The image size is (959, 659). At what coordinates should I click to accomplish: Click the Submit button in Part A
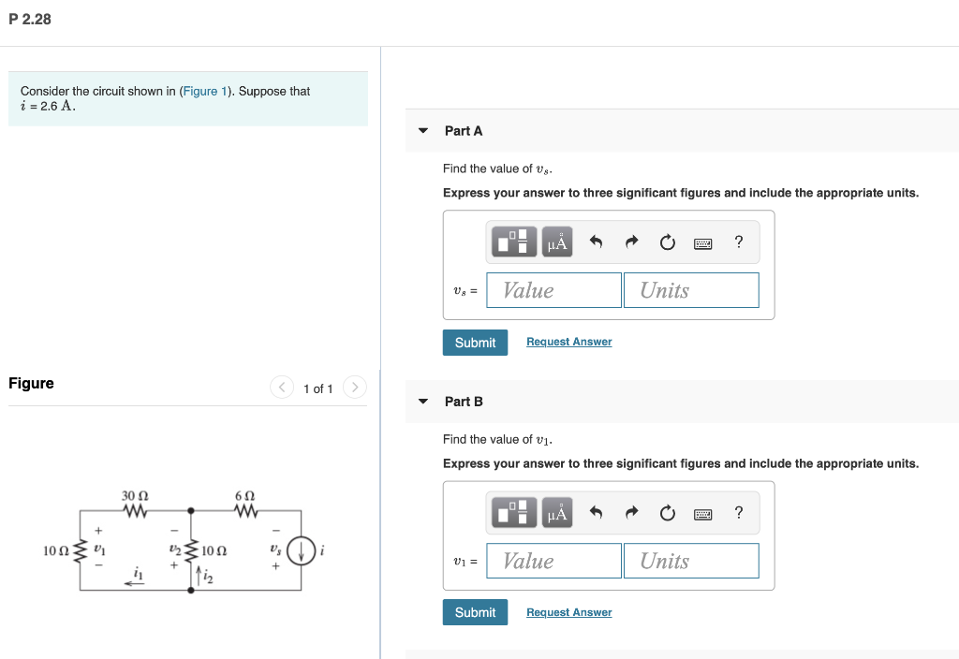(x=475, y=343)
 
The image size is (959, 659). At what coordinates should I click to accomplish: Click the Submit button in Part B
(x=475, y=612)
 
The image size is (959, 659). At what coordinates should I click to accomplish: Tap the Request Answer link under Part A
(x=568, y=342)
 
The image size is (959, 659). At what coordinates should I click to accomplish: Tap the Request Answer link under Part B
(x=568, y=612)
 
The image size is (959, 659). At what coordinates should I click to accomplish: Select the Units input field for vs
(x=691, y=290)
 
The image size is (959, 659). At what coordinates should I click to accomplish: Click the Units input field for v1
(x=691, y=561)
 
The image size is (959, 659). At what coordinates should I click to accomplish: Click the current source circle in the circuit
(x=301, y=550)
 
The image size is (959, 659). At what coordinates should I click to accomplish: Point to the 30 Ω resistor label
(x=135, y=494)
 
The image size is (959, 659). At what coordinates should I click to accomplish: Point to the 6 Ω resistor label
(x=245, y=494)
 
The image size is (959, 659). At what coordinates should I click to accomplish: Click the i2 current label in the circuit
(x=208, y=578)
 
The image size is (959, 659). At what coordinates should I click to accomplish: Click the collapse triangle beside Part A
(x=423, y=131)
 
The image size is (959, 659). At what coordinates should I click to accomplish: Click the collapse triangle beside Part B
(x=423, y=402)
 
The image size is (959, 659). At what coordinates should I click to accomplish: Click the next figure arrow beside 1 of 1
(x=354, y=388)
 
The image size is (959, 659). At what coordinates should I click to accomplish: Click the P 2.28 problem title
(x=30, y=19)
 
